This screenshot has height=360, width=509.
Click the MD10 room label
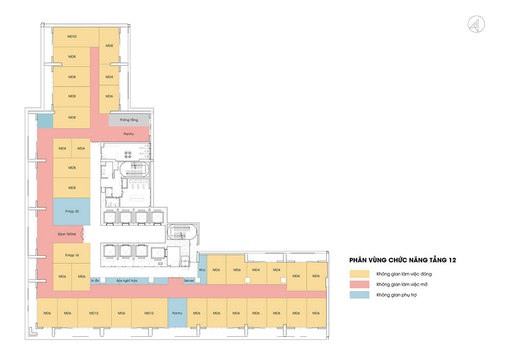tap(72, 36)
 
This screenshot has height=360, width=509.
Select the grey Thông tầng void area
tap(129, 120)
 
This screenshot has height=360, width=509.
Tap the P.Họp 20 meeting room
tap(72, 212)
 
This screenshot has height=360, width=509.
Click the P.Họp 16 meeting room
tap(72, 253)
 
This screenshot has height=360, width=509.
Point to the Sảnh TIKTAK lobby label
tap(67, 234)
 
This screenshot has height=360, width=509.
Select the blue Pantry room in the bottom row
tap(177, 313)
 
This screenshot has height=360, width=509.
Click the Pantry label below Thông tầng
tap(129, 134)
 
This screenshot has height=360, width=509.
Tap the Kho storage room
tap(202, 269)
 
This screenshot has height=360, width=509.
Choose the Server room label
tap(189, 281)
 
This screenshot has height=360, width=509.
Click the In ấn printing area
tap(95, 281)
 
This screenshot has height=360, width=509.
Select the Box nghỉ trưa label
tap(127, 281)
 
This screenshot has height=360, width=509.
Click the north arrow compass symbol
tap(476, 24)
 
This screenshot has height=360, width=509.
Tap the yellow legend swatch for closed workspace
tap(360, 274)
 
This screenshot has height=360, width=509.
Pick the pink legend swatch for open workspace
tap(360, 285)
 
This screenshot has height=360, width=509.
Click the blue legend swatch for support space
tap(360, 295)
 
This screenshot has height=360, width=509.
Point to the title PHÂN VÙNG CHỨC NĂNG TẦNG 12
tap(403, 260)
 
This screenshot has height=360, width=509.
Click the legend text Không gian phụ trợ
tap(397, 295)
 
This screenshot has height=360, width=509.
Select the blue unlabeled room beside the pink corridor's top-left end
tap(45, 121)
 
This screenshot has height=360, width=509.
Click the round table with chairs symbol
tap(128, 155)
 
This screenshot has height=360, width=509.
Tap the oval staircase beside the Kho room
tap(182, 232)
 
